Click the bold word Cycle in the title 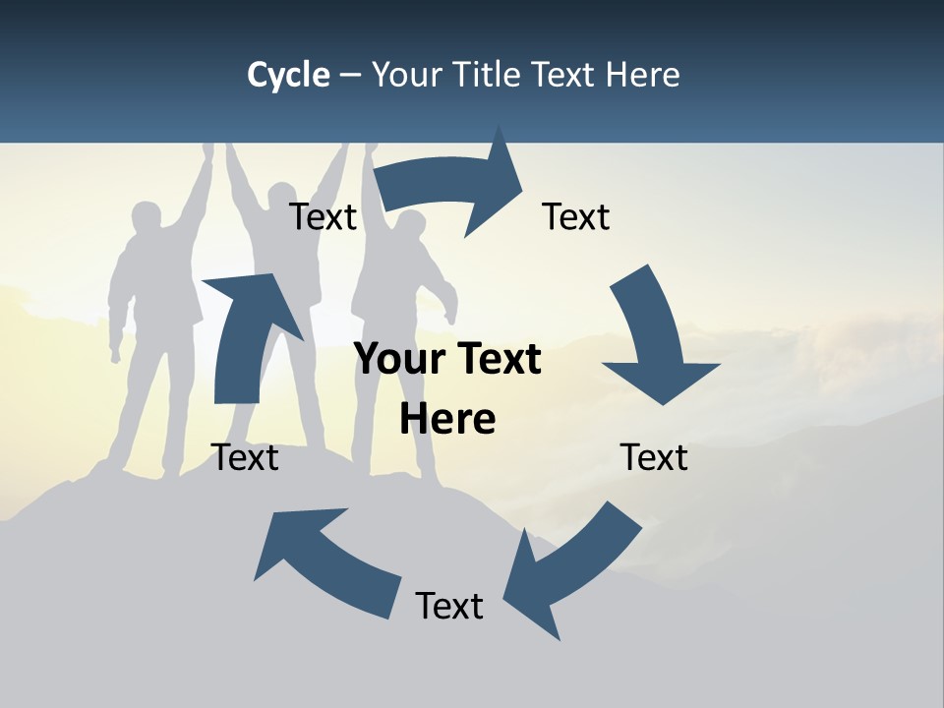[x=288, y=75]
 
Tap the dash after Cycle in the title [x=350, y=75]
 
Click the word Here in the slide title [x=640, y=75]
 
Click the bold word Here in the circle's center [x=447, y=420]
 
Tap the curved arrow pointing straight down [x=654, y=334]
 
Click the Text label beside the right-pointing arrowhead [x=576, y=217]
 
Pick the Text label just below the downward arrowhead [x=654, y=457]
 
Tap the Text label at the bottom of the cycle [x=449, y=606]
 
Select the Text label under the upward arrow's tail [x=245, y=457]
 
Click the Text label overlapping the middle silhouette [x=323, y=217]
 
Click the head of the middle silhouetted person [x=282, y=197]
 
